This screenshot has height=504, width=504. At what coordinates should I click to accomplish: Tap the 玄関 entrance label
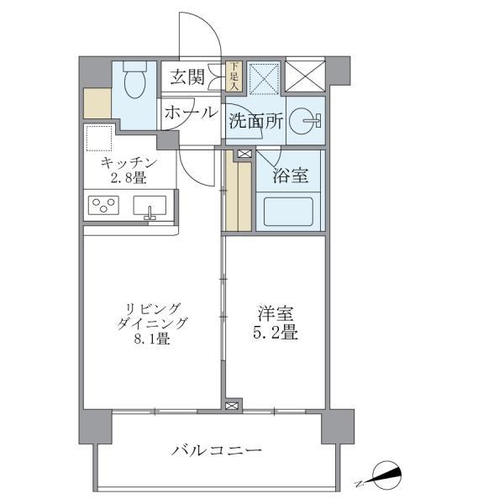click(x=186, y=77)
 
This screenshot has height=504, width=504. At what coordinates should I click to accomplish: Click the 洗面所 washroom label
click(x=255, y=121)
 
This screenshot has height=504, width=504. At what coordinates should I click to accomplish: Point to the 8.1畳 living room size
click(x=153, y=339)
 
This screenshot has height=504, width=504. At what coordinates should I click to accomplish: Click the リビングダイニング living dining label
click(x=153, y=314)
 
